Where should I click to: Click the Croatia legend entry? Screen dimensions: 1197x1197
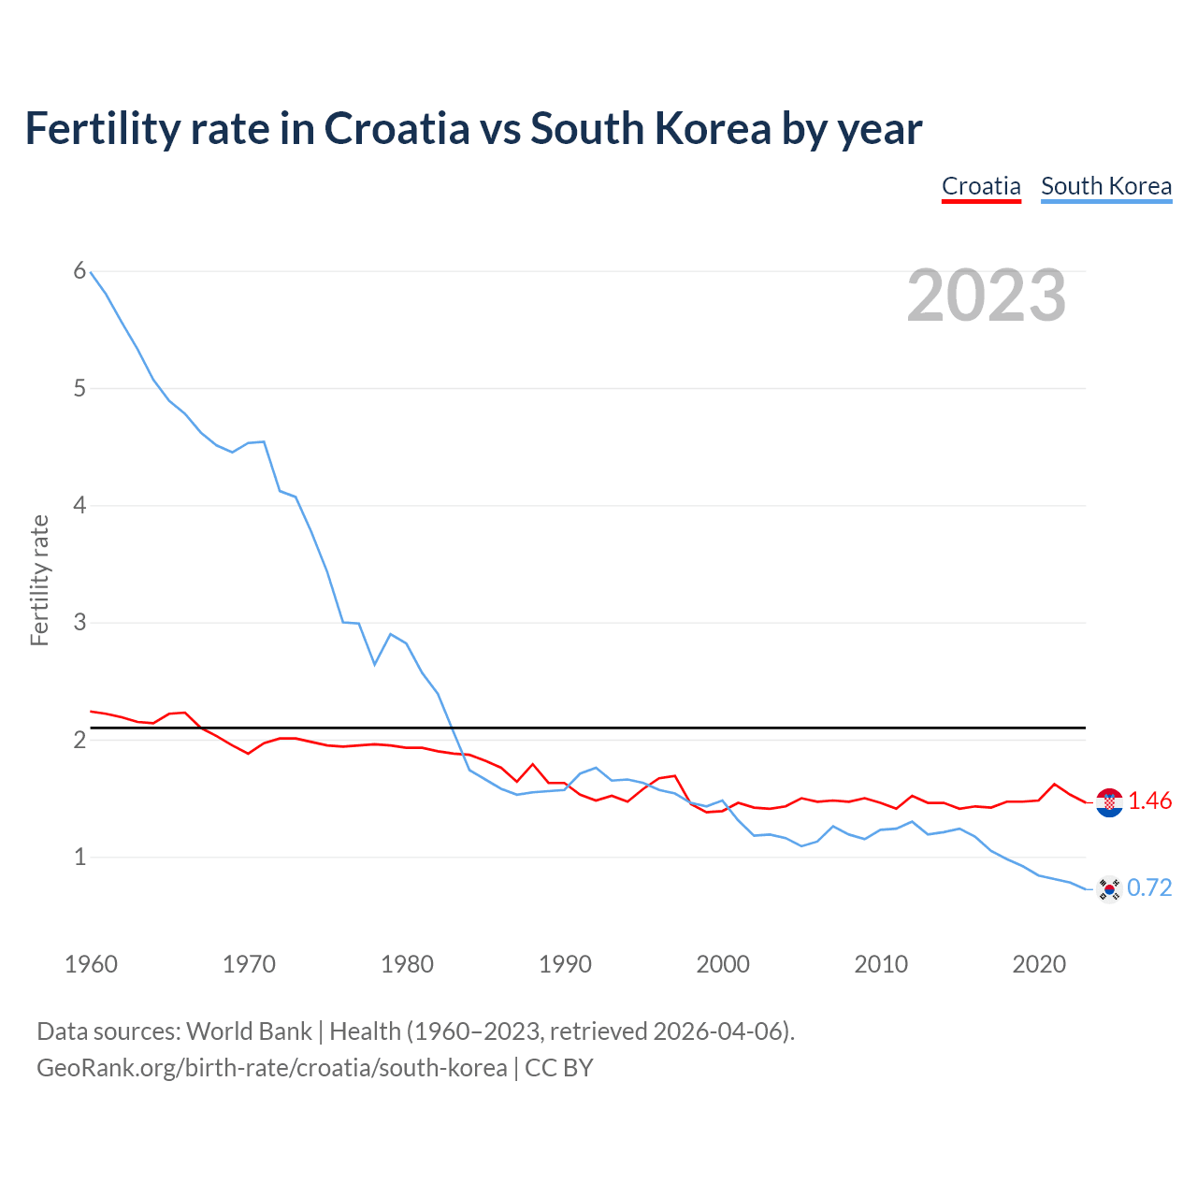tap(981, 186)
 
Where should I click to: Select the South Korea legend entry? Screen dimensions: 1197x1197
tap(1106, 186)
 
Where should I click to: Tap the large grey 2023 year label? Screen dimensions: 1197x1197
tap(986, 296)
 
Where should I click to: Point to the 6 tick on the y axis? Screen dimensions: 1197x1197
tap(79, 271)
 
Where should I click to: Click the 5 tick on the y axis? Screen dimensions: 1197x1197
tap(79, 388)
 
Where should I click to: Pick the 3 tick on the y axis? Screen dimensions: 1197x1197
tap(79, 622)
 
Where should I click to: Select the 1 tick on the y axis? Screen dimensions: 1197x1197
tap(79, 857)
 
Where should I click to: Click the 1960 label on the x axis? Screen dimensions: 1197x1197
tap(91, 964)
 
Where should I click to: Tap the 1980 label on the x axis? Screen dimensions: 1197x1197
tap(407, 964)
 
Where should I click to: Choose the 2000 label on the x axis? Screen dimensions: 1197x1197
tap(723, 964)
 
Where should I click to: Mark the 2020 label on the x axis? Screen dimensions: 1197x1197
tap(1039, 964)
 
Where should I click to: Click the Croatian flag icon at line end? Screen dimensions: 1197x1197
tap(1109, 802)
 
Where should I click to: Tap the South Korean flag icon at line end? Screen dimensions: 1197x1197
tap(1109, 889)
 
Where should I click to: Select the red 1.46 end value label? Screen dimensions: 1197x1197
tap(1149, 801)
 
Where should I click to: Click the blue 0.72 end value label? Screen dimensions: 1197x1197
tap(1149, 888)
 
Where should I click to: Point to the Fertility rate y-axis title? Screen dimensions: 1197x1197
tap(39, 580)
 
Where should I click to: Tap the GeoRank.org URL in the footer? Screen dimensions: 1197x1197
tap(271, 1068)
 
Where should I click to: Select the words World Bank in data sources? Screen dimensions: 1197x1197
tap(249, 1031)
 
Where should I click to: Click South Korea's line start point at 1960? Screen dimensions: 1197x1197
tap(91, 272)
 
